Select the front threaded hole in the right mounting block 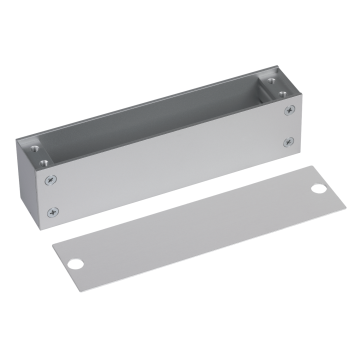283,92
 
